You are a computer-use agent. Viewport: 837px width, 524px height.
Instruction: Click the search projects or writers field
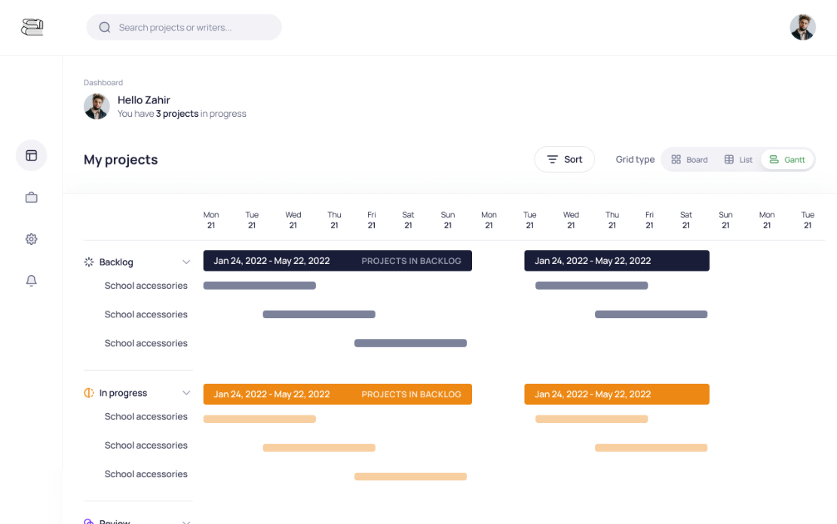184,27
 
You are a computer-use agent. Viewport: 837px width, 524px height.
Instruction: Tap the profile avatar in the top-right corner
802,27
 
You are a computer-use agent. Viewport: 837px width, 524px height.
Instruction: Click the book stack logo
32,27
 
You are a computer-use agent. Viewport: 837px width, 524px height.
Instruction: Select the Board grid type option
689,160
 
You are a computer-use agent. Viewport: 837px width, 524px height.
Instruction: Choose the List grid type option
738,160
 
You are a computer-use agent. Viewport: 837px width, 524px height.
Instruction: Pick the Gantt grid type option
787,160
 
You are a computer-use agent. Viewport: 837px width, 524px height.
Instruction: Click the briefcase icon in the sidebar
32,198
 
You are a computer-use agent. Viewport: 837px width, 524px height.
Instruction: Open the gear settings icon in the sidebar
32,239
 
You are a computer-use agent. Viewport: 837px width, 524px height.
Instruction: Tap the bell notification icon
32,280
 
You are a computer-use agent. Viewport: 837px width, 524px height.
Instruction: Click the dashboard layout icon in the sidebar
32,155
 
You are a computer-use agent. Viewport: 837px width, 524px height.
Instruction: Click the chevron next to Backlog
185,262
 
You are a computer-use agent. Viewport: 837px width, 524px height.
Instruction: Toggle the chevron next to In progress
185,394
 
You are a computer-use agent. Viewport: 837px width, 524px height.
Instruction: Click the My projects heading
121,160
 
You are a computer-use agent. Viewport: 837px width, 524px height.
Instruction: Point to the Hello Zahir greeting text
143,100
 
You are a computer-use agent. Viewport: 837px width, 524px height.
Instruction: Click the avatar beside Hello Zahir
97,106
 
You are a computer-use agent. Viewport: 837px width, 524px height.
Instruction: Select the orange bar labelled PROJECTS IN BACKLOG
337,394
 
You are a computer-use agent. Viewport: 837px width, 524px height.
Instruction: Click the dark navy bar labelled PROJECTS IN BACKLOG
337,261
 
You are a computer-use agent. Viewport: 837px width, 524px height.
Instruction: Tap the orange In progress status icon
89,393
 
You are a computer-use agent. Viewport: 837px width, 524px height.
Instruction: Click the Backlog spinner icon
89,262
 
